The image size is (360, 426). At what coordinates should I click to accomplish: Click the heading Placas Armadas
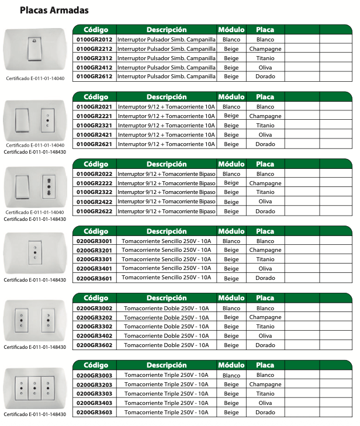(54, 10)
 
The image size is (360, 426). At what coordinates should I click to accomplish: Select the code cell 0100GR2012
(95, 39)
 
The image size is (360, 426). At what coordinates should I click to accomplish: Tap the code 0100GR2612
(95, 77)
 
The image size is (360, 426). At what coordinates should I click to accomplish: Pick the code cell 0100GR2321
(95, 126)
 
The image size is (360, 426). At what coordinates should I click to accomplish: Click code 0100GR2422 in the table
(95, 202)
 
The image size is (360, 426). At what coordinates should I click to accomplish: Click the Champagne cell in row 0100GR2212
(265, 49)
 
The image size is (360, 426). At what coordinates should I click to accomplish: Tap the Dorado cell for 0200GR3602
(265, 345)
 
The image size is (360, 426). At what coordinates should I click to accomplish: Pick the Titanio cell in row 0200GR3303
(265, 394)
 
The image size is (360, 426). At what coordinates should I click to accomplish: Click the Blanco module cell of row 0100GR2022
(231, 174)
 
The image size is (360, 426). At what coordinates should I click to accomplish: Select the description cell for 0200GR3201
(167, 250)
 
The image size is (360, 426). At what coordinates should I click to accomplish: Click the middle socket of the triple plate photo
(33, 387)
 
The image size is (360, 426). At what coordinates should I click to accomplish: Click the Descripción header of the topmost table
(167, 29)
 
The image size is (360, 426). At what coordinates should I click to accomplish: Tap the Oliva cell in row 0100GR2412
(265, 68)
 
